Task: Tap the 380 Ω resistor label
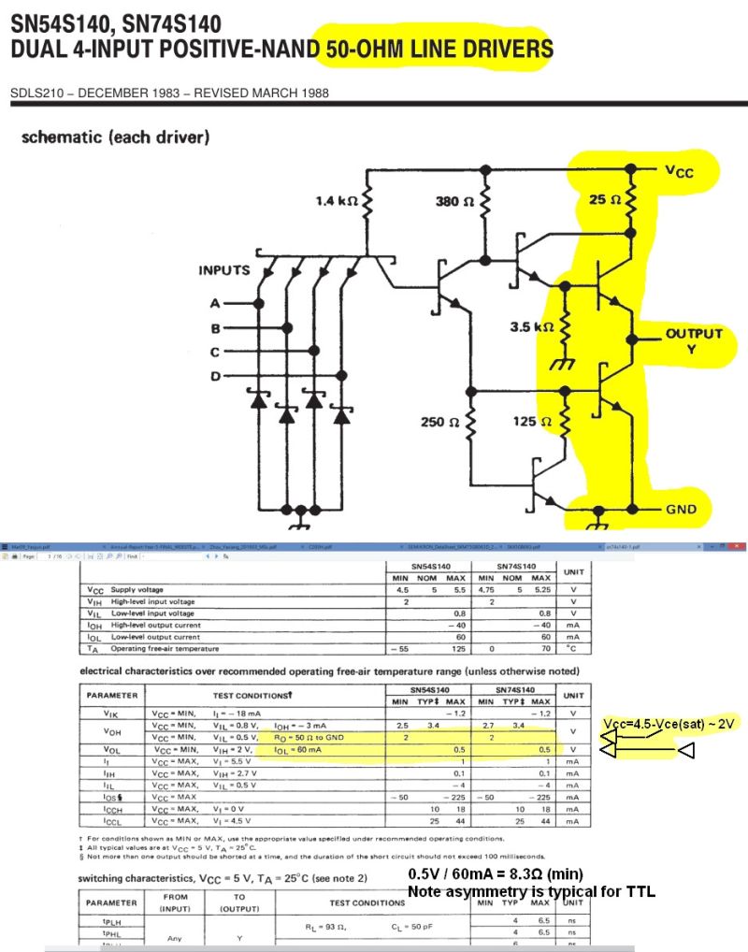coord(456,200)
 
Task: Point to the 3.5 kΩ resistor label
coord(531,327)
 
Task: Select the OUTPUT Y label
coord(693,340)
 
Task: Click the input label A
coord(215,305)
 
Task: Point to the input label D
coord(215,376)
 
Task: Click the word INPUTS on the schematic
coord(224,270)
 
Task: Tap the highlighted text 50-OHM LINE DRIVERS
coord(436,49)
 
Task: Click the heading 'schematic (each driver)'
coord(115,137)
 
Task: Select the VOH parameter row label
coord(111,731)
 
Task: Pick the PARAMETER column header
coord(111,695)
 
